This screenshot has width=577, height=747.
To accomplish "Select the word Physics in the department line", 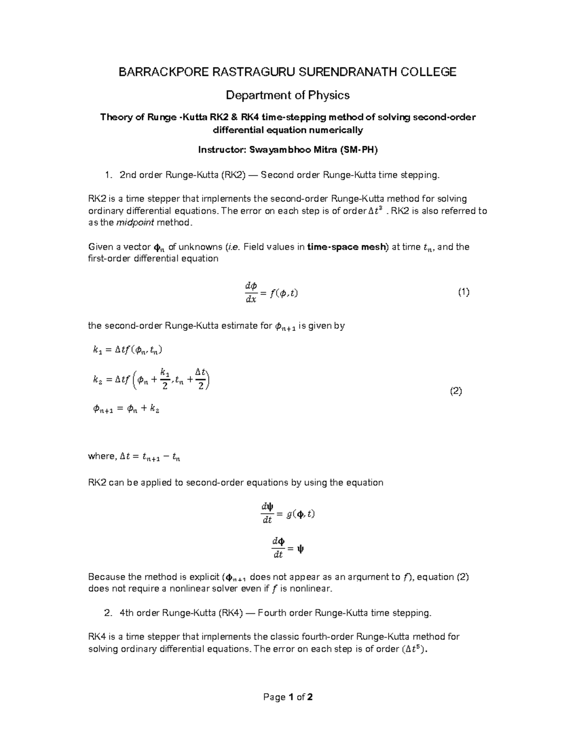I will (x=329, y=95).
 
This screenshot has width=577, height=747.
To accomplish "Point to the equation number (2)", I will (x=456, y=391).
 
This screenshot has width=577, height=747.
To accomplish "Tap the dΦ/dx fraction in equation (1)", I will (x=251, y=292).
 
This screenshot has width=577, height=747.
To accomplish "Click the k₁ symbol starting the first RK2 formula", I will (x=98, y=351).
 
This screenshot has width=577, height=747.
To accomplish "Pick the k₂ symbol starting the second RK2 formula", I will (x=98, y=380).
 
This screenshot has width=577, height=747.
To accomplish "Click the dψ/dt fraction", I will (x=267, y=513).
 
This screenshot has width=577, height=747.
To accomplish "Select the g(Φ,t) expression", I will (x=301, y=514).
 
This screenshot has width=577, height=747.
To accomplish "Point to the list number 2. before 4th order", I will (x=108, y=613).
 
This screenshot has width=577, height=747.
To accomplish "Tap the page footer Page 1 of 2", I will (x=288, y=697).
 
